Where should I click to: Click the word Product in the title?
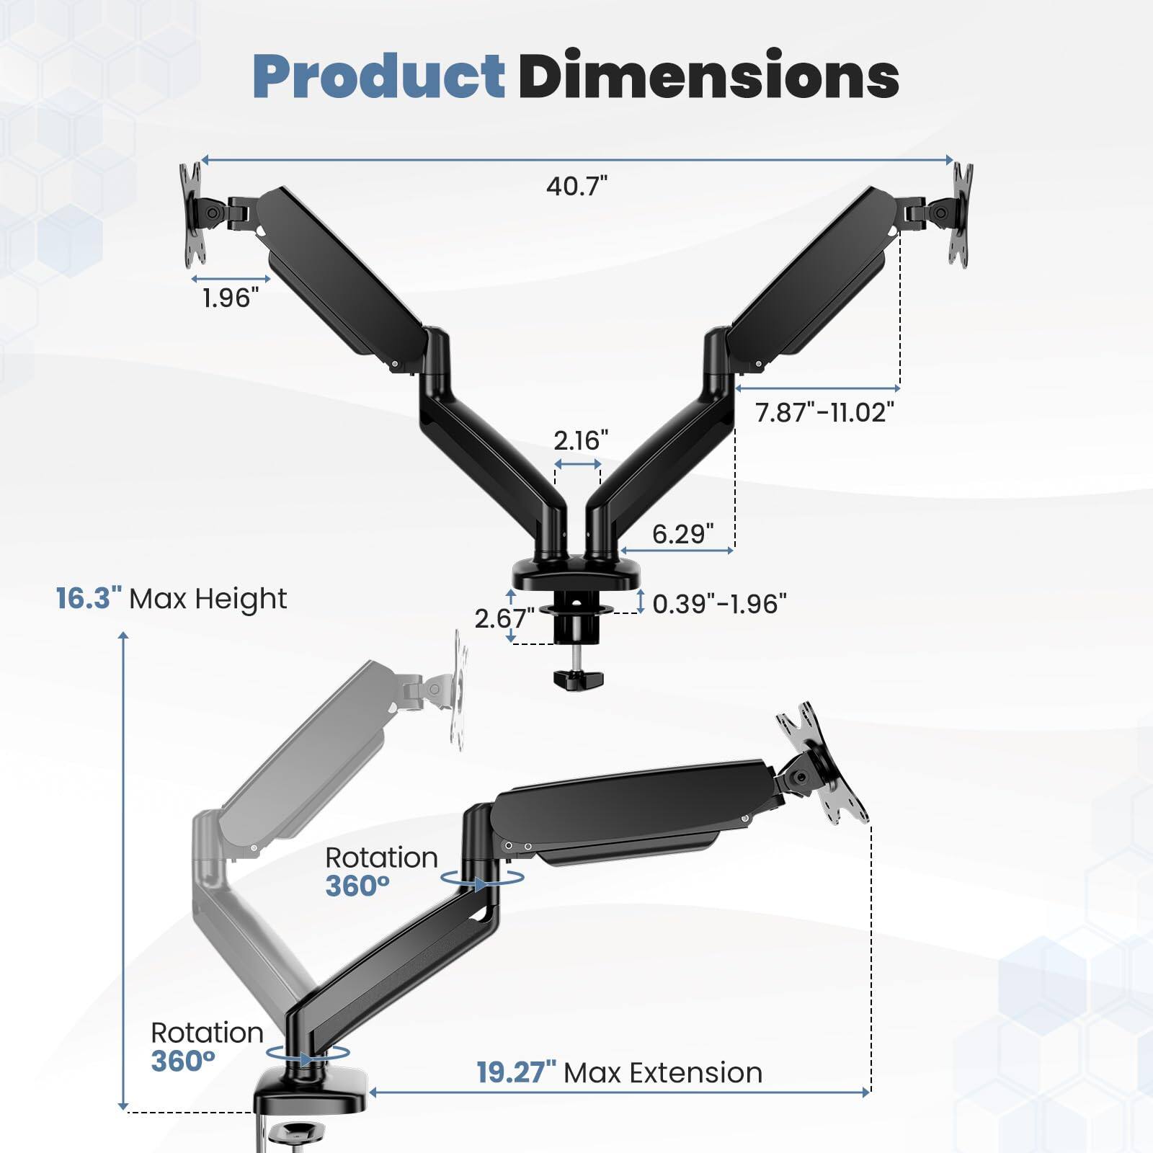click(x=378, y=76)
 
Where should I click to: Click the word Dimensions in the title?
click(x=708, y=76)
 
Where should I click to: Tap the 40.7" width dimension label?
click(x=576, y=186)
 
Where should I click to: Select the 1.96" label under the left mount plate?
click(x=231, y=298)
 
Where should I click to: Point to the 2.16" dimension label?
click(x=581, y=440)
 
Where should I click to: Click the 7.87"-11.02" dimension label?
click(x=824, y=412)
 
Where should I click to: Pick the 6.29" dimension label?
click(x=682, y=534)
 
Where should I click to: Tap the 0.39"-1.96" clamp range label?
click(x=719, y=604)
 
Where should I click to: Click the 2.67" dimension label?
click(x=504, y=618)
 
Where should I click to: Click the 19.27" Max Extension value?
click(x=516, y=1073)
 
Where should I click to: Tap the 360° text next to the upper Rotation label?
click(x=357, y=886)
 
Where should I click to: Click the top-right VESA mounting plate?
click(x=961, y=213)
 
